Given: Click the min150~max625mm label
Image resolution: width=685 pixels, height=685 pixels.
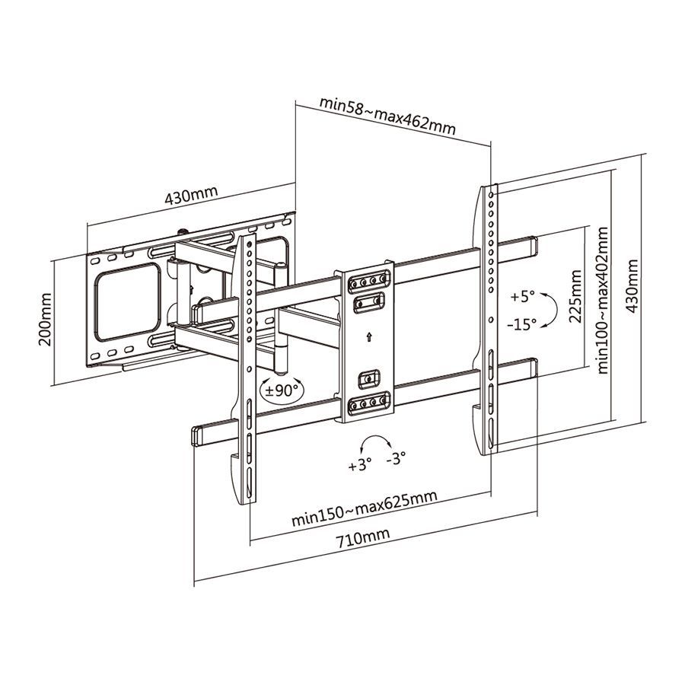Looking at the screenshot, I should (x=364, y=509).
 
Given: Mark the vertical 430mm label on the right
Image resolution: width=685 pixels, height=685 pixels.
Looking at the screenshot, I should (x=631, y=286).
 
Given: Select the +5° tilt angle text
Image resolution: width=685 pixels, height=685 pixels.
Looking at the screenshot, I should (x=523, y=295).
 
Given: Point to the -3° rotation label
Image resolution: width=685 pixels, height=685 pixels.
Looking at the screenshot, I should (x=396, y=457).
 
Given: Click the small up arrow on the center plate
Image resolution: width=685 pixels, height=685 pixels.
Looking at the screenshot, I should (x=369, y=337).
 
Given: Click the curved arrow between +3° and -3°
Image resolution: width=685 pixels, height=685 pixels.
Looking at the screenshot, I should (x=374, y=443).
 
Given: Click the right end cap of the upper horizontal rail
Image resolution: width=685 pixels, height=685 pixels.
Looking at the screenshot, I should (x=529, y=247).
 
